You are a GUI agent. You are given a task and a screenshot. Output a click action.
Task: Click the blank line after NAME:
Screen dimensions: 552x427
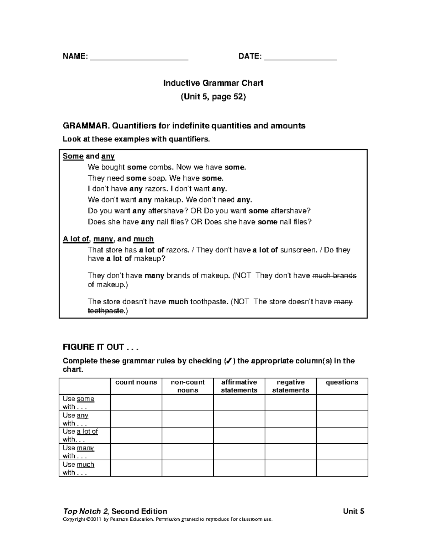tap(139, 57)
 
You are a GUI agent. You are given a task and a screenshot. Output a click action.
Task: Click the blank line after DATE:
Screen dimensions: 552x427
tap(301, 57)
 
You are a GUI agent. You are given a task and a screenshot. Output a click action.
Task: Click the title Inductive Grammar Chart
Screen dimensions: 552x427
tap(213, 83)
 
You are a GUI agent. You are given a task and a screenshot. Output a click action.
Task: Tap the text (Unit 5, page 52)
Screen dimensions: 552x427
tap(213, 97)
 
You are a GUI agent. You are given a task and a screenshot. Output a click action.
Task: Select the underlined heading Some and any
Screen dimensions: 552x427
tap(89, 156)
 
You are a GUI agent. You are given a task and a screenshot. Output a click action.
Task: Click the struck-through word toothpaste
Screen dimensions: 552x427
tap(106, 311)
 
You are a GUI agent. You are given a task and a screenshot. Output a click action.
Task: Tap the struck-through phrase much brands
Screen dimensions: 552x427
tap(334, 276)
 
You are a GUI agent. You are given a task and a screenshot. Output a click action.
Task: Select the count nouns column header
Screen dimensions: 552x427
tap(136, 382)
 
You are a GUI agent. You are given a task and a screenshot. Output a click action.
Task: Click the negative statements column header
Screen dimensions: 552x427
tap(290, 386)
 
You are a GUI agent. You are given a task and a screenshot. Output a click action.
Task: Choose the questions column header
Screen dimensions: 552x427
tap(342, 382)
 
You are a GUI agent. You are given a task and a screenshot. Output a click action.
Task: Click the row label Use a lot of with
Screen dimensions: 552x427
tap(80, 435)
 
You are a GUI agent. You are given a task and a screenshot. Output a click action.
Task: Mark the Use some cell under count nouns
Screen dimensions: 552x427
tap(136, 403)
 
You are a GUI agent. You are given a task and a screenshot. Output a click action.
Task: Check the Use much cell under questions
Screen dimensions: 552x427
tap(342, 468)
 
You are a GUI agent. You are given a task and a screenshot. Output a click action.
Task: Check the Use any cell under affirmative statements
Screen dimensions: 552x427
tap(239, 419)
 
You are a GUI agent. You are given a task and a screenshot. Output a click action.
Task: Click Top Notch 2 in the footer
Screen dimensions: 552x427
tap(85, 511)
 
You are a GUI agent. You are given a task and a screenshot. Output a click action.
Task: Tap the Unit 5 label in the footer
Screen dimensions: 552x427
tap(353, 511)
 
